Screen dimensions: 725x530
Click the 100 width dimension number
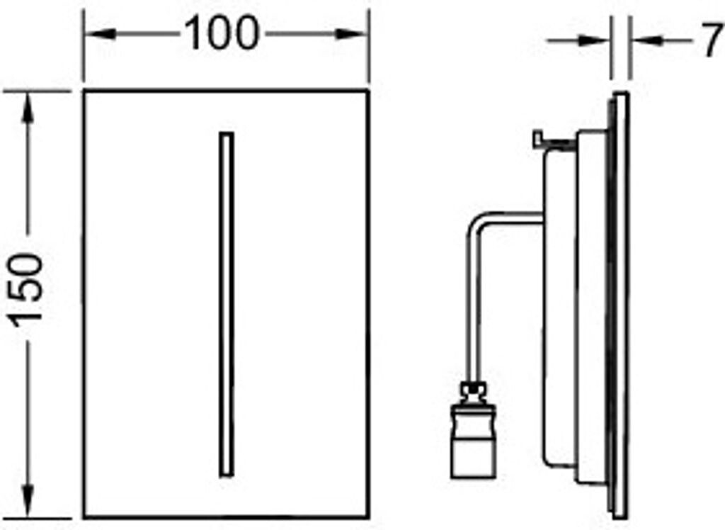tap(221, 33)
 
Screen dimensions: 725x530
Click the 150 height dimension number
tap(29, 286)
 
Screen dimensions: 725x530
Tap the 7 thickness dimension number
tap(711, 43)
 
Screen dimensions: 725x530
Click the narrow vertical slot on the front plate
tap(227, 305)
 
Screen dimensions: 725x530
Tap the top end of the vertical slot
tap(227, 135)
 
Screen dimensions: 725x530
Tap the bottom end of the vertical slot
tap(227, 474)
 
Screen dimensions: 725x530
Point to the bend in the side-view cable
tap(476, 222)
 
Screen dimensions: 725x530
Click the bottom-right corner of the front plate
tap(368, 518)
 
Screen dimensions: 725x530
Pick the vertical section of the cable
tap(472, 305)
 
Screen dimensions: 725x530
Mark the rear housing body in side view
tap(559, 305)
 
